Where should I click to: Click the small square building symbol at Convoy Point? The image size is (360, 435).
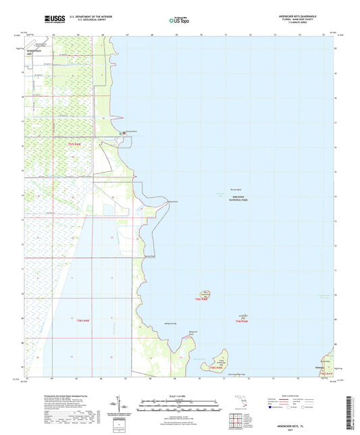pos(122,133)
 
